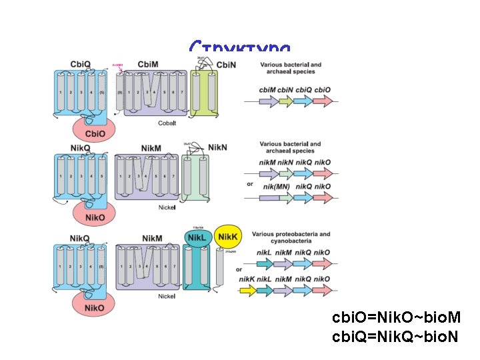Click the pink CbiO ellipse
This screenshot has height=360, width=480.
pos(94,130)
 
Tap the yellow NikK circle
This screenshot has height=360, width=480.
pos(227,237)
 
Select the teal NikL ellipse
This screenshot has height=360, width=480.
pos(197,237)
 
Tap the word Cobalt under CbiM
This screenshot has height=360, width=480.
pos(167,123)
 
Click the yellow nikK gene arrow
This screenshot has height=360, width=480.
pos(248,290)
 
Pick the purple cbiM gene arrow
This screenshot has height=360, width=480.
pos(267,101)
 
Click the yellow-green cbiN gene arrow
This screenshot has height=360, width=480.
pos(285,101)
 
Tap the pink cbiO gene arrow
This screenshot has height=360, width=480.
pos(323,101)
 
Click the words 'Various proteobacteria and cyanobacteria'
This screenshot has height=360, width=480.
pos(295,238)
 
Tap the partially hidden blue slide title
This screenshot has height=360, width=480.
pos(239,48)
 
